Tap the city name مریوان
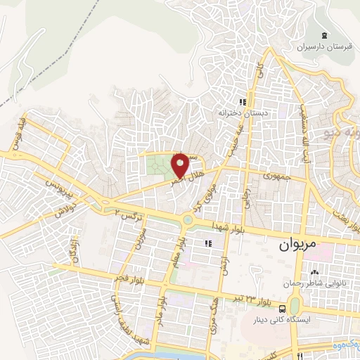(293, 246)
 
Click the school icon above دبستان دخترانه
(243, 101)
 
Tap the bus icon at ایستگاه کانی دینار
(282, 309)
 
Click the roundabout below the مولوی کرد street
(188, 221)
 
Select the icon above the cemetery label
(323, 36)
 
